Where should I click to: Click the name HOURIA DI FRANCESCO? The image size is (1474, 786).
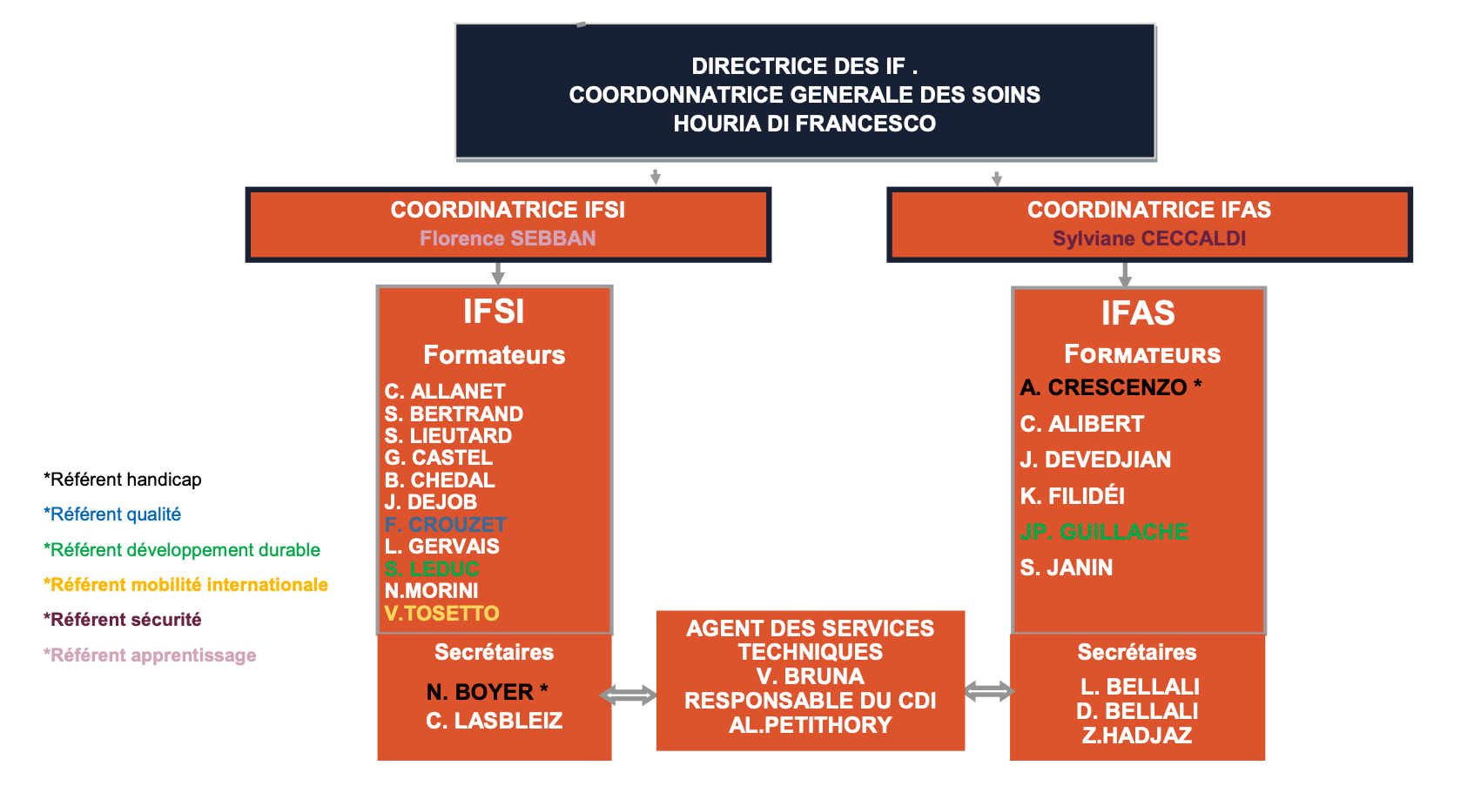(x=804, y=124)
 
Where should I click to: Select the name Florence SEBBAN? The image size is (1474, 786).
(x=508, y=238)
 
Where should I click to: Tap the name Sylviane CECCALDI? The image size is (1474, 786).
(x=1149, y=238)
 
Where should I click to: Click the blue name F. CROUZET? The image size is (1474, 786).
(x=445, y=525)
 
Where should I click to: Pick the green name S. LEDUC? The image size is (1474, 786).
(x=432, y=569)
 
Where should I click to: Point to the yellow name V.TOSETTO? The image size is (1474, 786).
(x=441, y=614)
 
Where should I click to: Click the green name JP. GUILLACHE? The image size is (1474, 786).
(x=1104, y=532)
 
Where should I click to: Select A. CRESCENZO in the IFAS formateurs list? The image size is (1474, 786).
(x=1104, y=387)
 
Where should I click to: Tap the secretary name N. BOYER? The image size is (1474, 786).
(x=481, y=692)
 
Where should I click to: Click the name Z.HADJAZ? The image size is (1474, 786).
(x=1137, y=736)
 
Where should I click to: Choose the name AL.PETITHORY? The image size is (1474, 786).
(x=811, y=725)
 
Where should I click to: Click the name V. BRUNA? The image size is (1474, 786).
(x=811, y=676)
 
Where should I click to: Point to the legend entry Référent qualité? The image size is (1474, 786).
(x=113, y=514)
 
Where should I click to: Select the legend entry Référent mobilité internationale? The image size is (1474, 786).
(x=186, y=585)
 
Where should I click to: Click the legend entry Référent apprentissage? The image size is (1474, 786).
(x=151, y=655)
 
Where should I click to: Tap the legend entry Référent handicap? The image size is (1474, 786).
(x=123, y=480)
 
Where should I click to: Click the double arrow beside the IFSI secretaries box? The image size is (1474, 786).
(x=628, y=695)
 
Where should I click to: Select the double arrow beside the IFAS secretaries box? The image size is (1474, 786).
(x=989, y=692)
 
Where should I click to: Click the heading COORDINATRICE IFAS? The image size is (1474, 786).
(x=1149, y=210)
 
